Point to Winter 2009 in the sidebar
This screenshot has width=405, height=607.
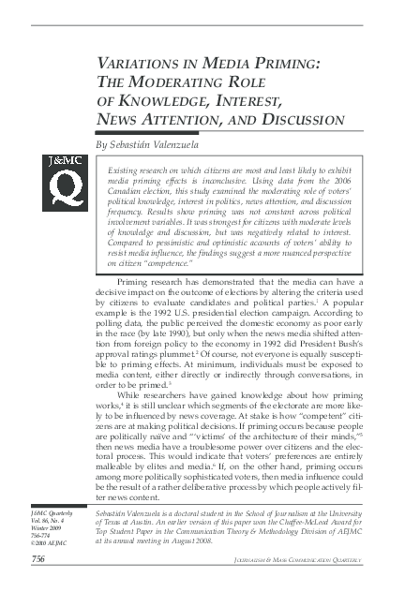tap(46, 528)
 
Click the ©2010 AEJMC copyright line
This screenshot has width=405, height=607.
tap(47, 543)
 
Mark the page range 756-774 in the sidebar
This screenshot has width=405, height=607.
tap(41, 536)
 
